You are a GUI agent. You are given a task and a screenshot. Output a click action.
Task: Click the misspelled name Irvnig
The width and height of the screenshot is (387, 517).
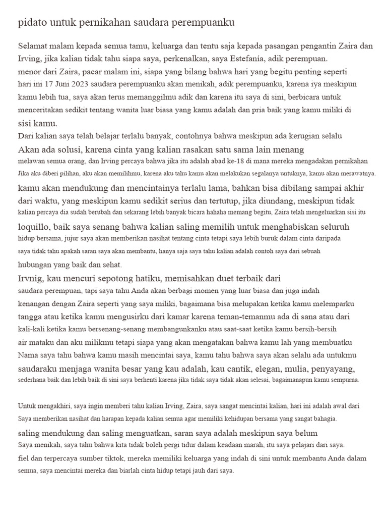coord(32,278)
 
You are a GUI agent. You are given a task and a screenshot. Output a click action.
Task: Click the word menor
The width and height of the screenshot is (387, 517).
coord(29,71)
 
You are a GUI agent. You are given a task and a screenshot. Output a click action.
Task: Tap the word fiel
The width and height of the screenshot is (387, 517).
coord(23,459)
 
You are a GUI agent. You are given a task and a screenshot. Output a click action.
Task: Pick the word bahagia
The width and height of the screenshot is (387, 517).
coord(321,419)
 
